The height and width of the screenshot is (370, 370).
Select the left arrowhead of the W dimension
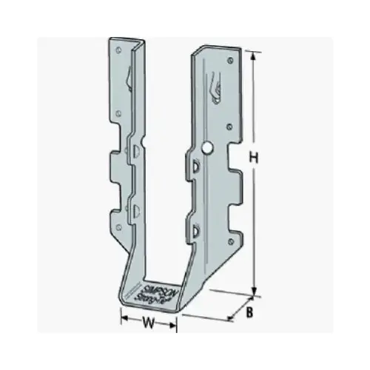(x=124, y=323)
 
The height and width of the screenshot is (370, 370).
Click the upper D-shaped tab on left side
(x=137, y=152)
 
